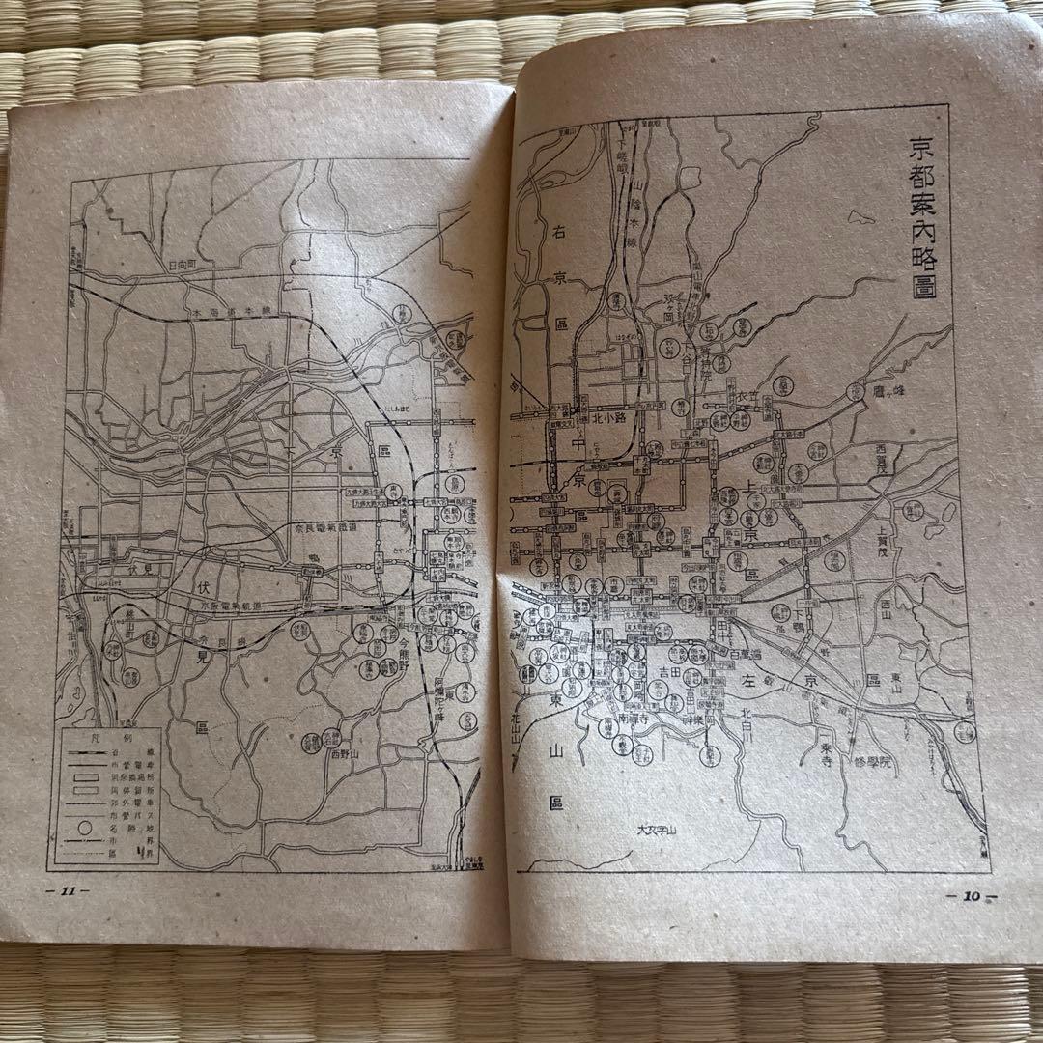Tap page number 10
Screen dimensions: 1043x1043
coord(971,895)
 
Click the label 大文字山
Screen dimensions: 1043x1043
coord(660,830)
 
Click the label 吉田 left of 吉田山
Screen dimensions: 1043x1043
coord(664,671)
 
